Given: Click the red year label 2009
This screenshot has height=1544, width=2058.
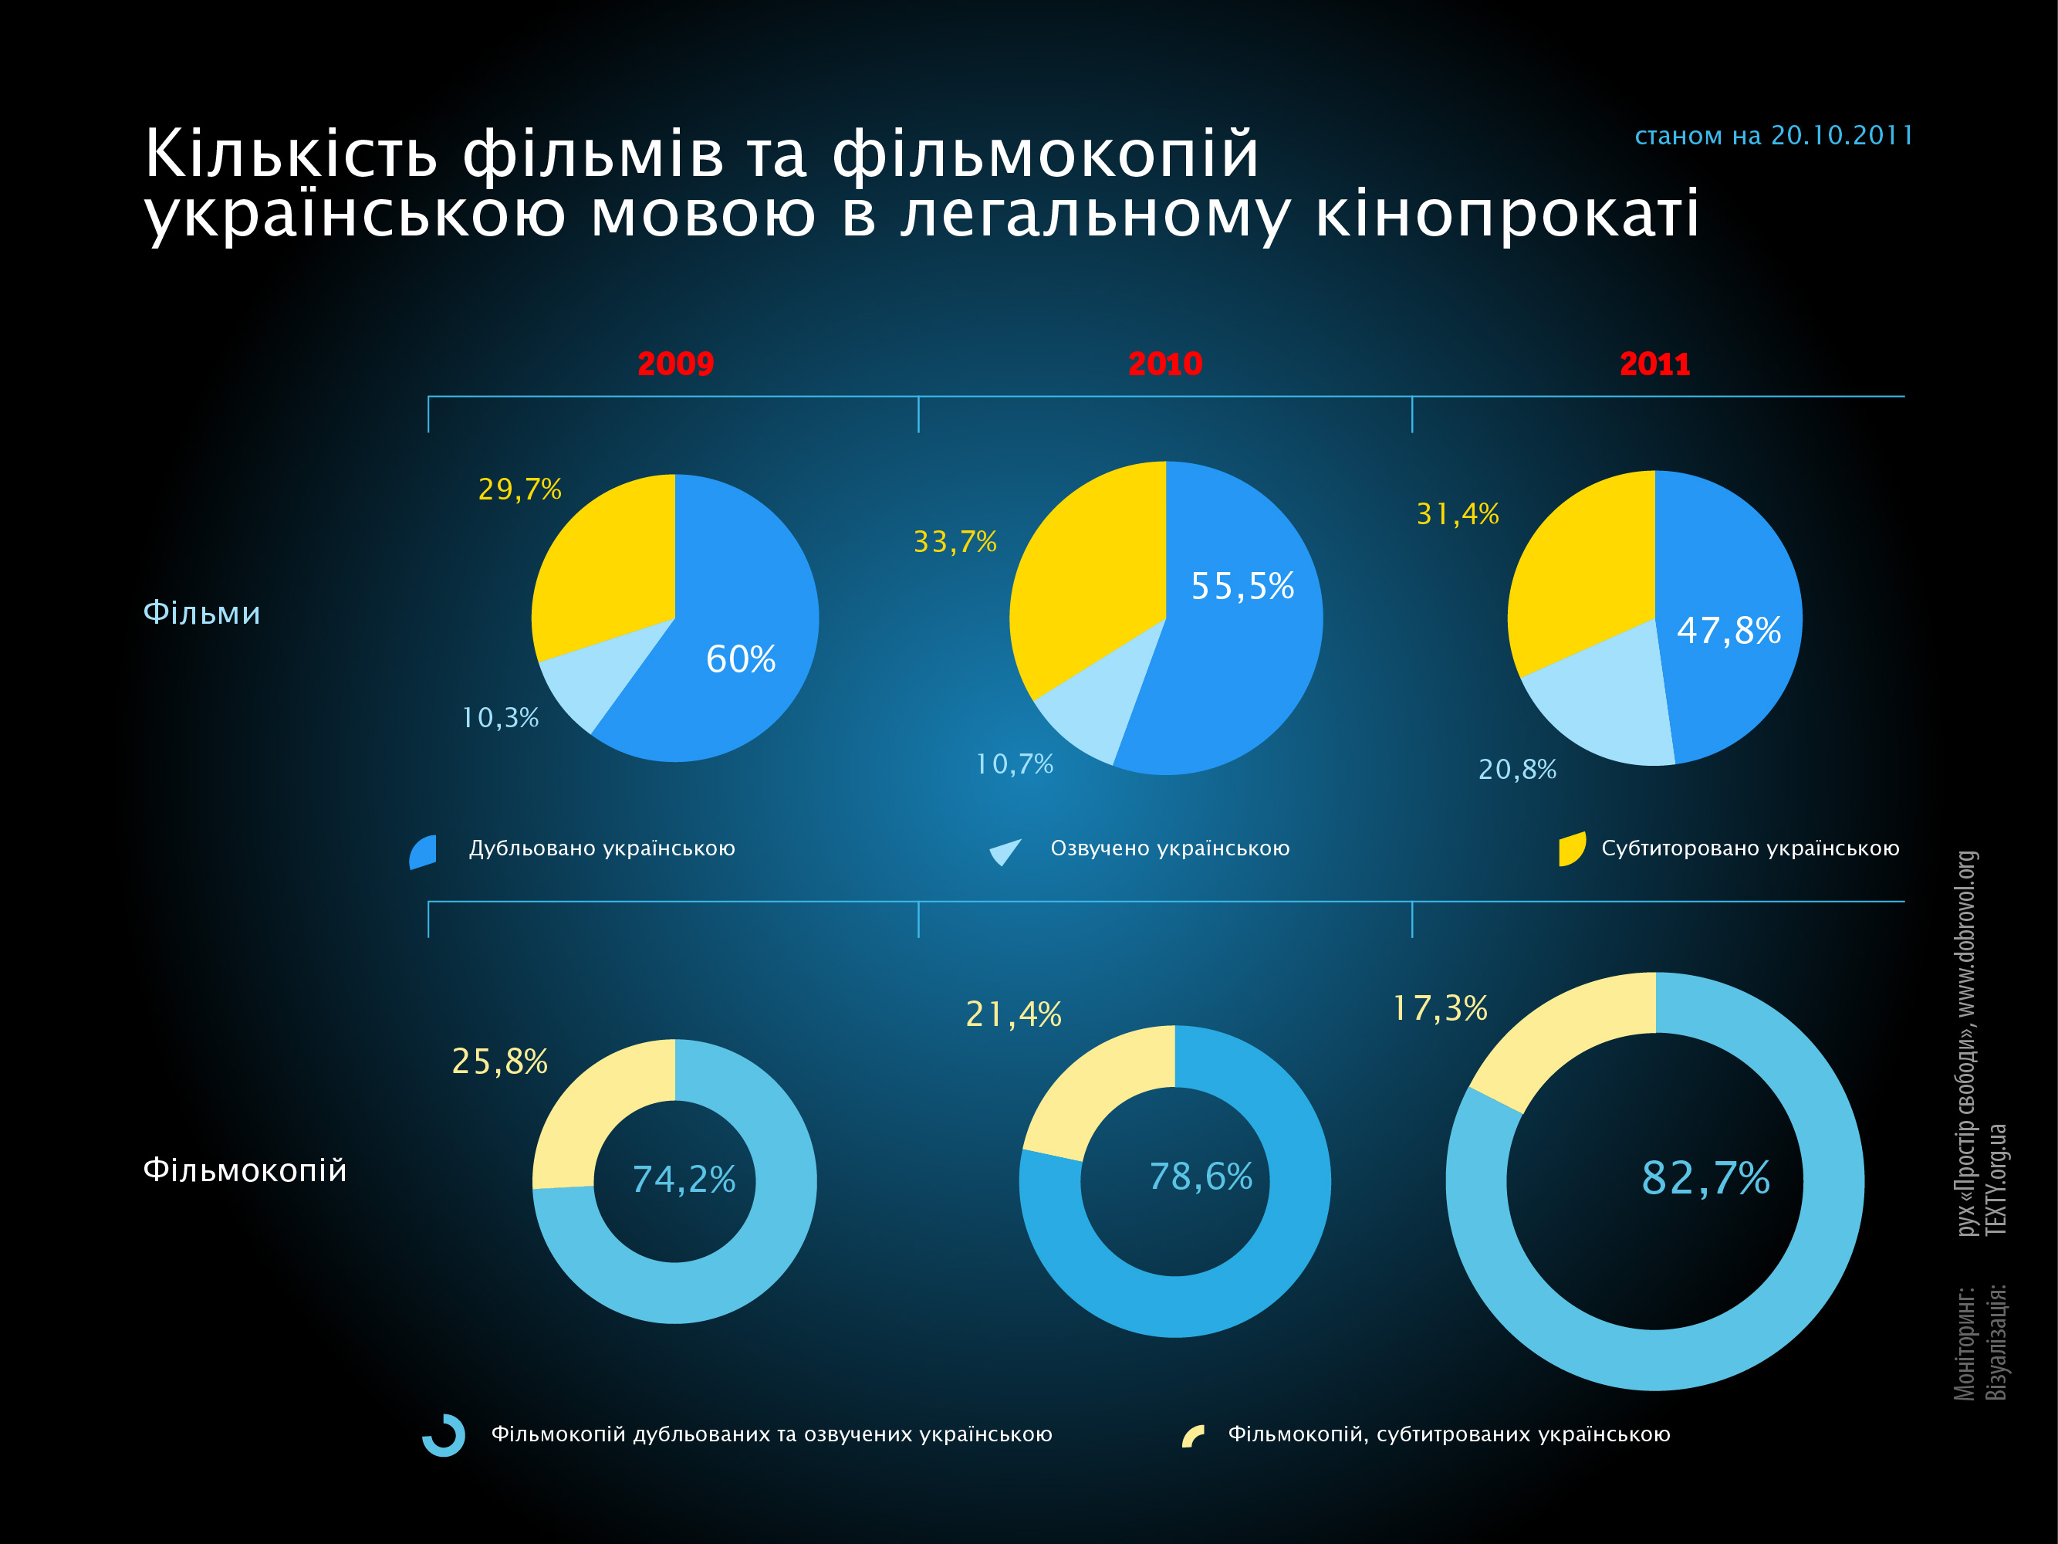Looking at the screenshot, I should [x=675, y=363].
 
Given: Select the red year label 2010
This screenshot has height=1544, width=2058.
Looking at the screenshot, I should [x=1165, y=363].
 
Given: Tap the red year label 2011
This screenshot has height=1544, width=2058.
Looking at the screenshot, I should [x=1654, y=363].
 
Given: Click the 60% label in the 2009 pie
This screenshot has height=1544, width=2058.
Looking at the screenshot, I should [x=741, y=659].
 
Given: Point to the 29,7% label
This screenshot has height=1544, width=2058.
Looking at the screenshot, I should [x=519, y=489].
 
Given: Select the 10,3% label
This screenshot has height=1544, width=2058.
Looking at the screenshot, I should [x=501, y=717].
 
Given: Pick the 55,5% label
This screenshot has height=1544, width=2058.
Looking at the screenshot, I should [x=1242, y=586].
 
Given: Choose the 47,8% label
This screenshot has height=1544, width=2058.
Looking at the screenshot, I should [x=1729, y=630].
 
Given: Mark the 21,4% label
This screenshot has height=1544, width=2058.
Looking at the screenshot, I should [x=1013, y=1014].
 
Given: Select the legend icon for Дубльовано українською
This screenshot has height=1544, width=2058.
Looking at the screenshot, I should [x=424, y=852].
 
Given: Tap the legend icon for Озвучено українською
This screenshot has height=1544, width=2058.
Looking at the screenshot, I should [x=1005, y=851].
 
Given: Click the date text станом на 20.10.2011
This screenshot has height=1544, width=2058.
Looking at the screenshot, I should [x=1773, y=136].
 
